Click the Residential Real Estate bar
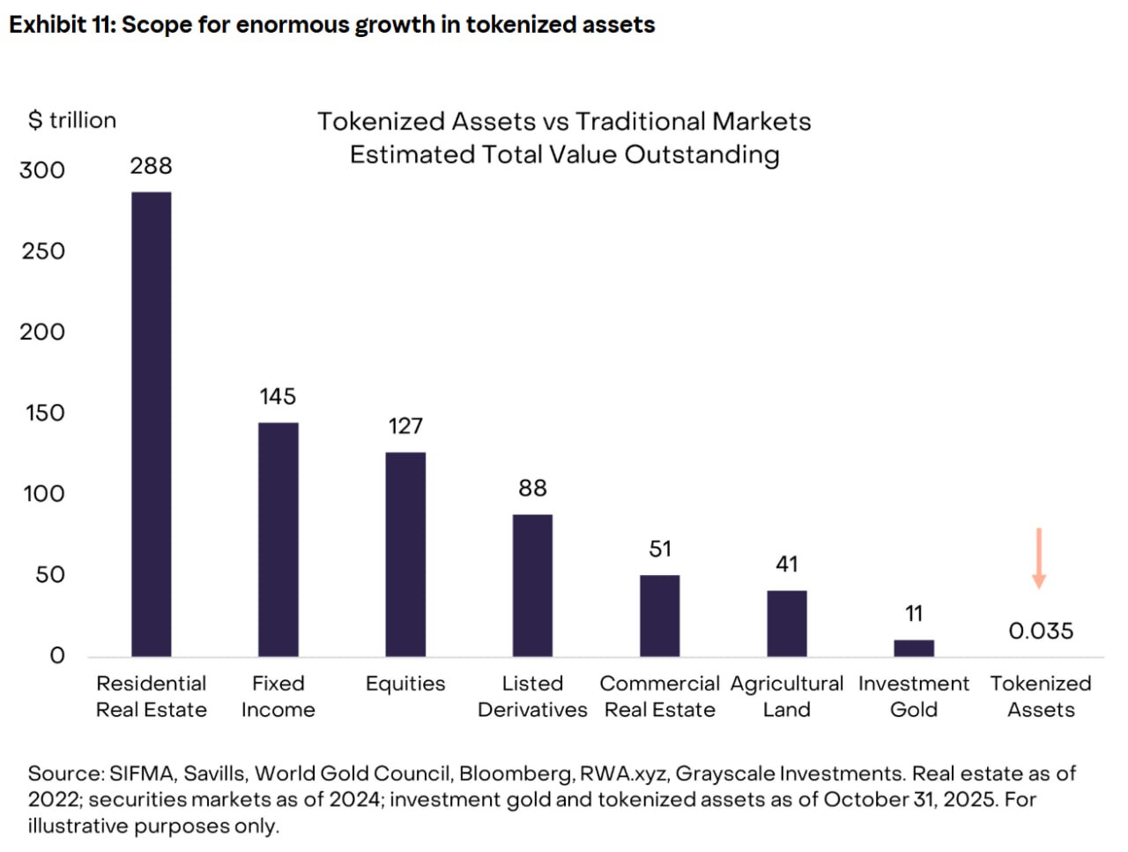coord(152,423)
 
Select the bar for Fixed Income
coord(278,539)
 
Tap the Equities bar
coord(405,554)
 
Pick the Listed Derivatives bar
coord(532,585)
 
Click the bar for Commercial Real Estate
coord(660,616)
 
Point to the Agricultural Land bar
coord(787,624)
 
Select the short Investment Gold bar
coord(914,648)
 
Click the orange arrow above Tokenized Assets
coord(1039,558)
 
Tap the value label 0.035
coord(1041,632)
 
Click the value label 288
coord(152,166)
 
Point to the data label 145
coord(278,397)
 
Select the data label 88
coord(532,489)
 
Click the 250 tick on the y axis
coord(43,251)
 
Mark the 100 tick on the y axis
coord(43,494)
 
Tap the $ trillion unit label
coord(72,120)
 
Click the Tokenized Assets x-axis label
coord(1041,697)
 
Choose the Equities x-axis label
coord(405,684)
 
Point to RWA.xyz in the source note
coord(623,774)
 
